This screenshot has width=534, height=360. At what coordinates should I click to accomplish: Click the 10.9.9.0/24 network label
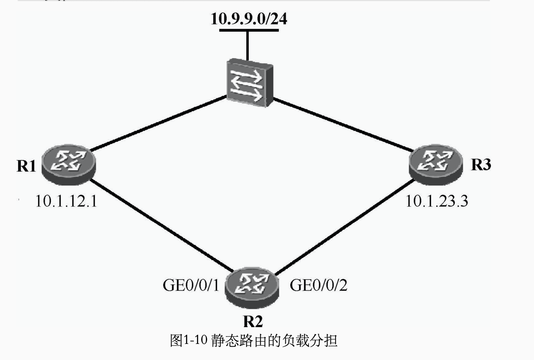click(249, 19)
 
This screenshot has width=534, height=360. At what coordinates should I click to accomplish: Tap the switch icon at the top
click(249, 83)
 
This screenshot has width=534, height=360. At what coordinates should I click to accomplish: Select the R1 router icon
click(69, 164)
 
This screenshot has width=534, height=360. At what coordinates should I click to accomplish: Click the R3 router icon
click(436, 164)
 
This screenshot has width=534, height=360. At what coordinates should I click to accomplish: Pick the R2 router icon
click(252, 287)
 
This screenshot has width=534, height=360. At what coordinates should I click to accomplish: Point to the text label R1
click(26, 166)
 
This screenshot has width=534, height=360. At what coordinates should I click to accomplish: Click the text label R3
click(481, 164)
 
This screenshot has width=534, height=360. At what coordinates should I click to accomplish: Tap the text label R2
click(253, 321)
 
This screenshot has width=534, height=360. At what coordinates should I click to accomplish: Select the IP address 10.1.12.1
click(66, 201)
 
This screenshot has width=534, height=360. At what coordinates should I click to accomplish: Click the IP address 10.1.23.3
click(437, 201)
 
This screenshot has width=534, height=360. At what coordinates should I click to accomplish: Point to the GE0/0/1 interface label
click(191, 285)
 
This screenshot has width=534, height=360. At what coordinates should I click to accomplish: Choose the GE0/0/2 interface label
click(319, 285)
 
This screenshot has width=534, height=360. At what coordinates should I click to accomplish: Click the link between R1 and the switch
click(158, 123)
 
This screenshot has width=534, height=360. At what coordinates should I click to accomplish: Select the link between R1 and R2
click(162, 225)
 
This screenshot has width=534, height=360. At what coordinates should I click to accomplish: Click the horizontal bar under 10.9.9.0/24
click(249, 30)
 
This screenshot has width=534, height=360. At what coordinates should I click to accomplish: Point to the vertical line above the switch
click(248, 46)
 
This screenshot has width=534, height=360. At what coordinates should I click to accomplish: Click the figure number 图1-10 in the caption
click(189, 340)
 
